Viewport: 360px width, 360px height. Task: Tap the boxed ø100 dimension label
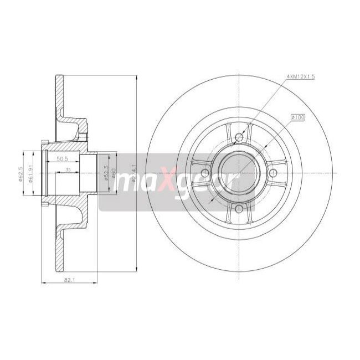tap(299, 117)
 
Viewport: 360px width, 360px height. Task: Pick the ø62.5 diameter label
tap(19, 173)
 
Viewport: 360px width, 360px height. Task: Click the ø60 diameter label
tap(114, 175)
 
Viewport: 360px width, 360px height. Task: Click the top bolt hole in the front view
tap(239, 137)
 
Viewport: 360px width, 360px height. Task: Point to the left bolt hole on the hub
tap(204, 173)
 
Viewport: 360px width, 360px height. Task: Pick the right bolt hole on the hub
tap(274, 173)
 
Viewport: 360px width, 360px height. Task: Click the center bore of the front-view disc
tap(239, 173)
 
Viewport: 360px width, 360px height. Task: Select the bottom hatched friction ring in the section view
tap(60, 249)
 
